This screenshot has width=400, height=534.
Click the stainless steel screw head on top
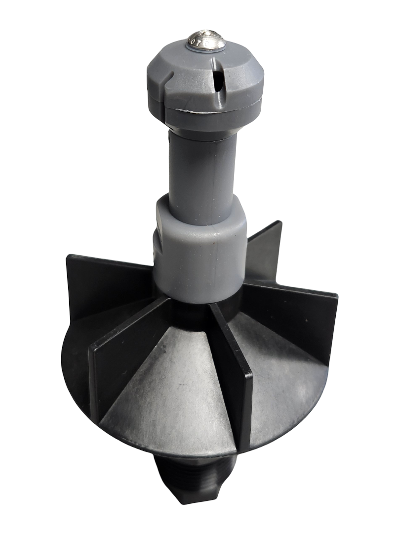tap(206, 40)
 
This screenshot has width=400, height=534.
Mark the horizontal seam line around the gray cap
tap(207, 107)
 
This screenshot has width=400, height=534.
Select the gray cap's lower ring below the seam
tap(207, 119)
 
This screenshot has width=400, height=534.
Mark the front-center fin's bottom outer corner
tap(244, 450)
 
